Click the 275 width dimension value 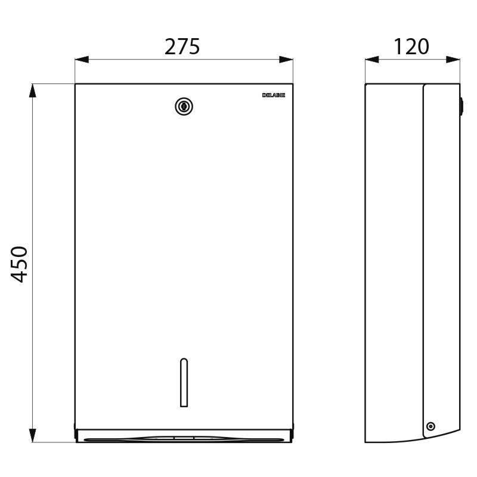point(182,47)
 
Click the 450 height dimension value point(20,264)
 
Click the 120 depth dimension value point(411,47)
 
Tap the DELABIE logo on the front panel point(274,95)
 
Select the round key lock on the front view point(184,107)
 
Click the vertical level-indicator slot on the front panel point(184,382)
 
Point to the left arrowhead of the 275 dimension point(82,60)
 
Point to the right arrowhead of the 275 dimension point(286,60)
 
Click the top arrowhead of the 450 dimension point(33,91)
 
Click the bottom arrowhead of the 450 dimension point(33,435)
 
